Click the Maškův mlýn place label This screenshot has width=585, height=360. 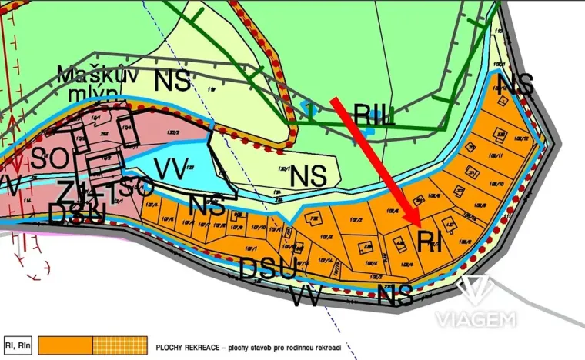tap(89, 82)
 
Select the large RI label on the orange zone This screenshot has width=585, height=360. tap(430, 242)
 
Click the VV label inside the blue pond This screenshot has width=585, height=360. tap(171, 168)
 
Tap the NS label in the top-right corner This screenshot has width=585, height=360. tap(516, 85)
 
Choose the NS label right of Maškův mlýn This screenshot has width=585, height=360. tap(172, 80)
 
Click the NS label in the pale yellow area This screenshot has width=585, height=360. tap(309, 176)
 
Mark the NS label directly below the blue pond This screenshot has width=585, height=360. tap(207, 206)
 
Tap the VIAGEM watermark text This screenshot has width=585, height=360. tap(475, 318)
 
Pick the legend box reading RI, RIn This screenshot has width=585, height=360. tap(18, 345)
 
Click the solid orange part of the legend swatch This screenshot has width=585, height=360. tap(65, 345)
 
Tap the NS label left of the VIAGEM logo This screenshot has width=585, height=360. tap(396, 293)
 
